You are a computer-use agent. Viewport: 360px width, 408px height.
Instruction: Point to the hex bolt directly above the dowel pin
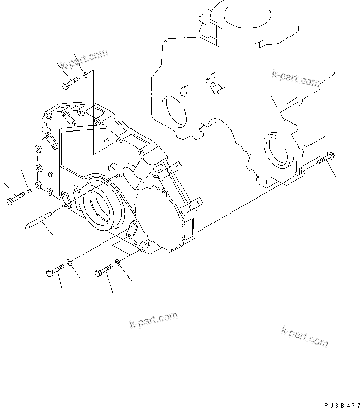coord(15,198)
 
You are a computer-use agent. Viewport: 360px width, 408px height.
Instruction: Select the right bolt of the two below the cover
coord(104,270)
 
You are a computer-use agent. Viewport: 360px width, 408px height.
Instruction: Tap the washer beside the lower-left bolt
coord(71,264)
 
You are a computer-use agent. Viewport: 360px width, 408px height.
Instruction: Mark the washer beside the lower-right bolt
coord(118,263)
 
